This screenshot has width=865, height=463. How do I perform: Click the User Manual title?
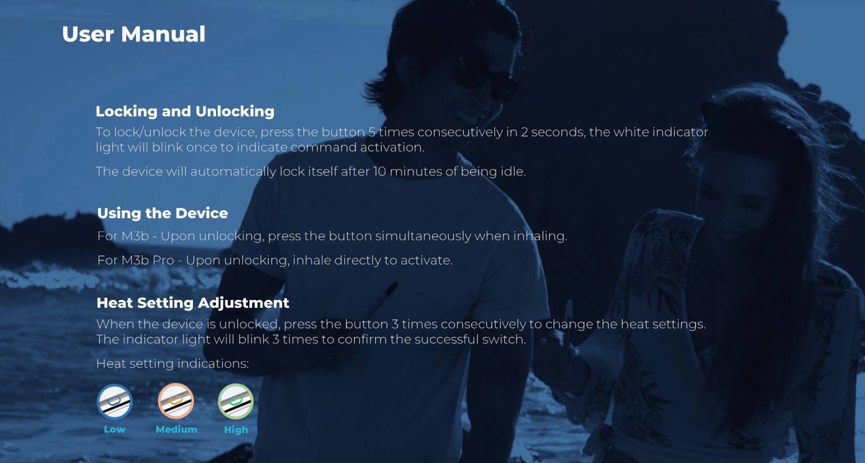pos(134,34)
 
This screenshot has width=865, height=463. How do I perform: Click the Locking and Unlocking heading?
pos(185,111)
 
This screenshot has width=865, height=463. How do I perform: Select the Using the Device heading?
pos(162,213)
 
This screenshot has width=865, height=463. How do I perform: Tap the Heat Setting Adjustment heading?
pos(193,303)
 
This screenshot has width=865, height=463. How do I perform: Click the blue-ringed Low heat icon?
pos(115,402)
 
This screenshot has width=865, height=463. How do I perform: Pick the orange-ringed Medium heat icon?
pos(176,401)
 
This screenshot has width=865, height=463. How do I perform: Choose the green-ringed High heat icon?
pos(236,402)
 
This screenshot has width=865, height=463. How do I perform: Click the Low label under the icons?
pos(115,429)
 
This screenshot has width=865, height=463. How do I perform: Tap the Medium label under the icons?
pos(177,429)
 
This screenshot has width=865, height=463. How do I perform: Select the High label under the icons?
pos(236,430)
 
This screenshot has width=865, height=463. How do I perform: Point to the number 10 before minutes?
pos(379,171)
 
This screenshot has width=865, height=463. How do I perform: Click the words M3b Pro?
pos(148,260)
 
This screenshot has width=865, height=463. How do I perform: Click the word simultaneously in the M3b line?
pos(423,236)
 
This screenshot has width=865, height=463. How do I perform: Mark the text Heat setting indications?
pos(173,364)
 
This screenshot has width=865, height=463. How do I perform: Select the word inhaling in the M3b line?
pos(540,236)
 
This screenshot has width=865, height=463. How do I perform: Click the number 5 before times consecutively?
pos(372,132)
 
